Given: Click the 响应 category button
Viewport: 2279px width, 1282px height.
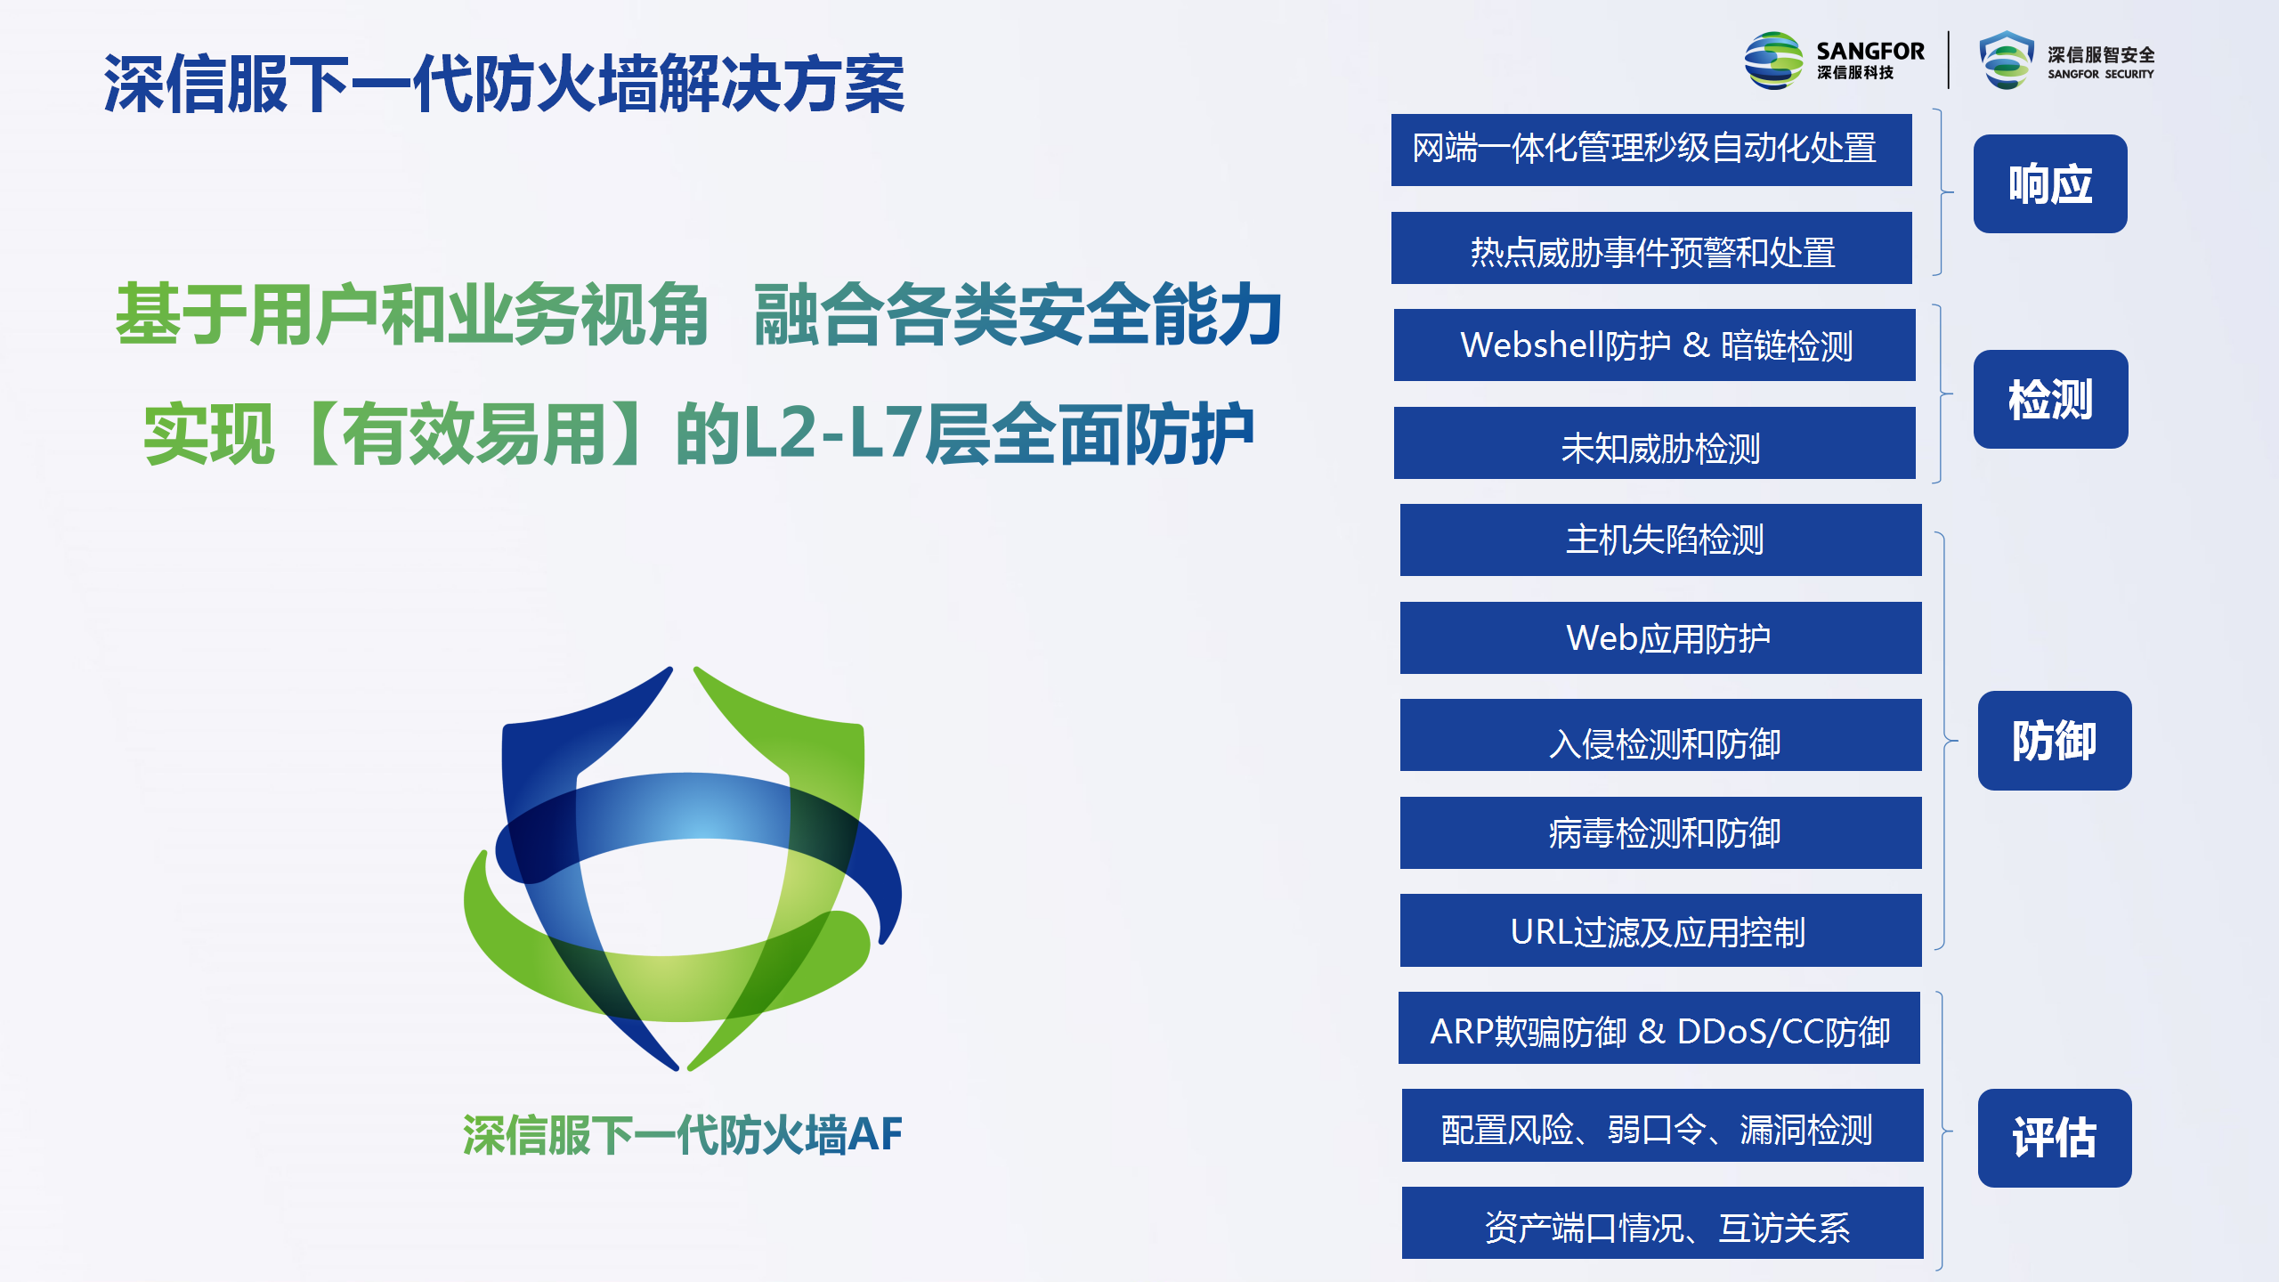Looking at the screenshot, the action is point(2050,184).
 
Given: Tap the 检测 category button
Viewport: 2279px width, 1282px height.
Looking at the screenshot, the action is point(2050,399).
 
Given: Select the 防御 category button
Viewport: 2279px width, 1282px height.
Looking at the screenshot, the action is point(2055,740).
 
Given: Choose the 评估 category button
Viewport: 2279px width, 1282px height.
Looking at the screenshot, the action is point(2055,1138).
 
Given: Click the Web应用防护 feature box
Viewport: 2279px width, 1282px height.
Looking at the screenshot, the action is point(1661,637).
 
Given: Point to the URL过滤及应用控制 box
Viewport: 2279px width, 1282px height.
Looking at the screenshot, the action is point(1661,930).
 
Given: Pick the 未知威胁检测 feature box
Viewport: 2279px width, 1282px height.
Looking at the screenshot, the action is point(1655,443).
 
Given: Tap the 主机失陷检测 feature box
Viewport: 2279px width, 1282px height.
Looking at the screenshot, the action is point(1661,540).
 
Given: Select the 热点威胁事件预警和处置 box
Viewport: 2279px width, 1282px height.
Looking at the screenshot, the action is point(1651,247).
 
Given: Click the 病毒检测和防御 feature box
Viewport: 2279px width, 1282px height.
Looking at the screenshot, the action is point(1661,832).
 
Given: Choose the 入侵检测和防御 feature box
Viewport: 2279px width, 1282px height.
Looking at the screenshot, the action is point(1661,735).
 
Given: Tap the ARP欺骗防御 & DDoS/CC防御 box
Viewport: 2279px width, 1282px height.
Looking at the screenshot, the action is point(1659,1028).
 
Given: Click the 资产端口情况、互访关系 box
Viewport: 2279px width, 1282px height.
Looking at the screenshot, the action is point(1663,1223).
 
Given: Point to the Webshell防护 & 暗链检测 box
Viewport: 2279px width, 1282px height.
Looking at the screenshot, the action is point(1655,345).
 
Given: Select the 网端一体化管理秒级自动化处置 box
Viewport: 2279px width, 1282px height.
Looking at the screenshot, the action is point(1651,150).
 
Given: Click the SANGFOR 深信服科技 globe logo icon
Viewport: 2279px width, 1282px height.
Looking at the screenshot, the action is point(1773,61).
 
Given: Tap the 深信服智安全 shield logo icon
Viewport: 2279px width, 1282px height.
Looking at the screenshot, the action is point(2007,61).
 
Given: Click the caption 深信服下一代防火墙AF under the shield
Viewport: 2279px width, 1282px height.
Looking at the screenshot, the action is point(683,1135).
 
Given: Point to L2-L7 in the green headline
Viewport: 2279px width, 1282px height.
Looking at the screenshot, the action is point(832,434).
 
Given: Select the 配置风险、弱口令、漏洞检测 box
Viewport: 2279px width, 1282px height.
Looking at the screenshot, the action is point(1663,1125).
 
